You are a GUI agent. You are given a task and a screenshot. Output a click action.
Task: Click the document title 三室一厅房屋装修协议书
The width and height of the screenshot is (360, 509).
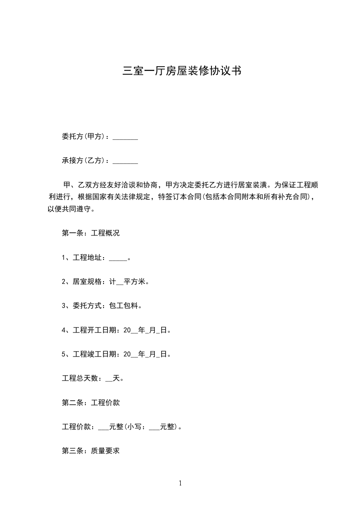click(x=181, y=71)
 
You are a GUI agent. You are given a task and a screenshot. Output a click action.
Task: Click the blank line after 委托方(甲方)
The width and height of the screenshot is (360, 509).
click(x=125, y=137)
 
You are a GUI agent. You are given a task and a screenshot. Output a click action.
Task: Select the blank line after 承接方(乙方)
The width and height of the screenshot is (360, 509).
click(x=125, y=161)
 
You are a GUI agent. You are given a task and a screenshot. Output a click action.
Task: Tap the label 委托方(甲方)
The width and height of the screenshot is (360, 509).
click(x=84, y=137)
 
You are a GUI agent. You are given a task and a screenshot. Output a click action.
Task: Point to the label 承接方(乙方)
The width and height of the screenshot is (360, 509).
click(x=84, y=161)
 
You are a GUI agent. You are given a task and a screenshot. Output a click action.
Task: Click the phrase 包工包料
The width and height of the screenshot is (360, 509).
click(x=124, y=306)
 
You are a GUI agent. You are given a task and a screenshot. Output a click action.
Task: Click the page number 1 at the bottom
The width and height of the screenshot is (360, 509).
click(x=180, y=483)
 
